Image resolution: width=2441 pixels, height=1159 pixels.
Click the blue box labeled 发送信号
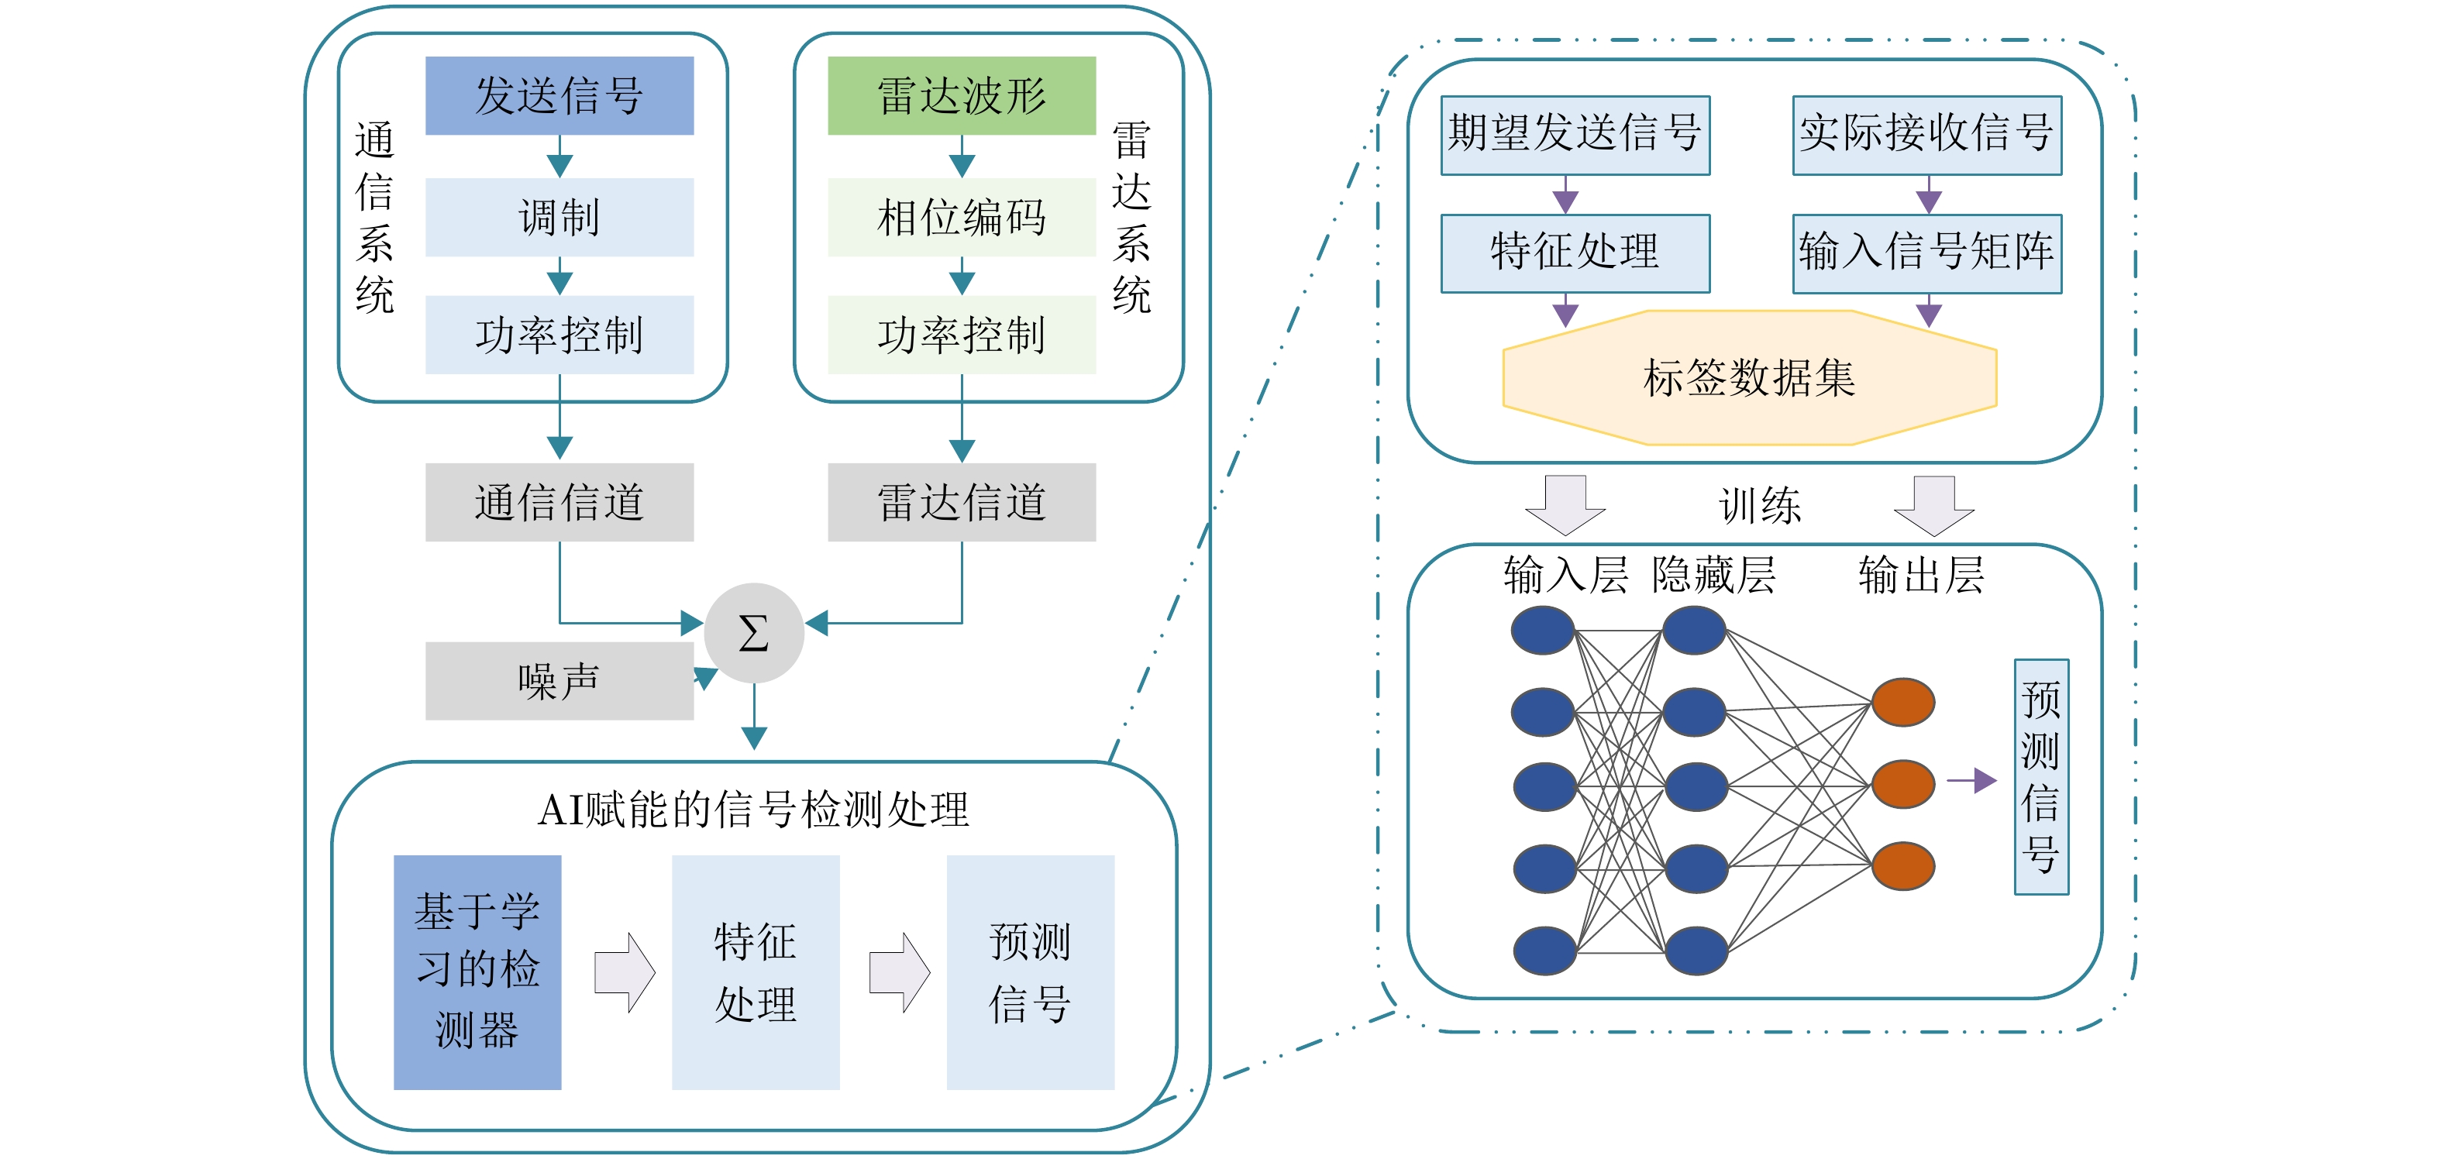click(559, 96)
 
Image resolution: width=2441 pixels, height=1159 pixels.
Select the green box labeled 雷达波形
click(961, 96)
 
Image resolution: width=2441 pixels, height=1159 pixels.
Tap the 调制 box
click(559, 217)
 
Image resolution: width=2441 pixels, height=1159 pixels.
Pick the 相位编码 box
click(961, 217)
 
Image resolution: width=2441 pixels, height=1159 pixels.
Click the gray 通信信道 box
click(559, 502)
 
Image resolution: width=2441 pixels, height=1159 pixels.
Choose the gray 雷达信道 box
click(961, 502)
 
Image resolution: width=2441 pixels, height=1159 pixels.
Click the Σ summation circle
click(753, 633)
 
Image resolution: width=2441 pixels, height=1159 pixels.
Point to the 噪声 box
click(559, 680)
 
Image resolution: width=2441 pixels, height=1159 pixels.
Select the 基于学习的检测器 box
click(477, 972)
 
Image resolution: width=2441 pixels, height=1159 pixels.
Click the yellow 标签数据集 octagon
click(1749, 378)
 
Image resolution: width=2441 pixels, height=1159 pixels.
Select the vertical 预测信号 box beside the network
click(2041, 776)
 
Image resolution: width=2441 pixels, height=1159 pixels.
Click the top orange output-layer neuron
click(1902, 702)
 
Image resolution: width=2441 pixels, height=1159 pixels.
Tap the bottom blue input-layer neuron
click(1544, 951)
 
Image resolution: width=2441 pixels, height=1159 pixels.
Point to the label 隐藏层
click(1713, 575)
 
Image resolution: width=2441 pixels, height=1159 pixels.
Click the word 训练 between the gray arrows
click(1760, 505)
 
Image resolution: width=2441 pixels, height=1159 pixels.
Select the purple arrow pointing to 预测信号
click(1972, 780)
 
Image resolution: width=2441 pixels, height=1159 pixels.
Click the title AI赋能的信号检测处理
click(753, 810)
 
